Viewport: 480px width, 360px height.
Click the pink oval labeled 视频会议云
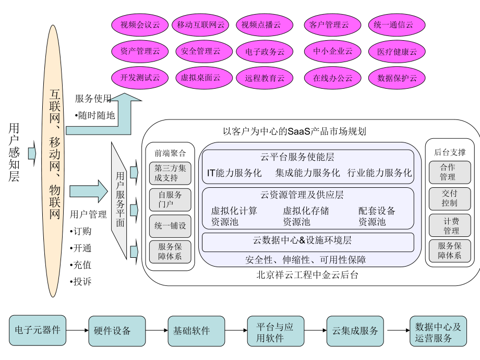pyautogui.click(x=140, y=25)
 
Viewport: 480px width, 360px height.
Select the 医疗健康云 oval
pyautogui.click(x=397, y=52)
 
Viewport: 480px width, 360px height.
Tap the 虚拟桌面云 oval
pyautogui.click(x=200, y=78)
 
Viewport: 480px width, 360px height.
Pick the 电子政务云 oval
pyautogui.click(x=260, y=52)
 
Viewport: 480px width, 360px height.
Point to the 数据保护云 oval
pyautogui.click(x=397, y=78)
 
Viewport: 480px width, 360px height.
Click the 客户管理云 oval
pyautogui.click(x=333, y=25)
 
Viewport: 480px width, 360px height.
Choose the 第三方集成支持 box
pyautogui.click(x=170, y=173)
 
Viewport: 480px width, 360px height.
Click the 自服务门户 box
pyautogui.click(x=170, y=200)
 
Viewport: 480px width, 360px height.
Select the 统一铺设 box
pyautogui.click(x=170, y=226)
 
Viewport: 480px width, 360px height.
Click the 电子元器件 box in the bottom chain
pyautogui.click(x=38, y=330)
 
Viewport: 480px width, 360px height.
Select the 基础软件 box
pyautogui.click(x=191, y=331)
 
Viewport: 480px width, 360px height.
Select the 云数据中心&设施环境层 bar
pyautogui.click(x=308, y=242)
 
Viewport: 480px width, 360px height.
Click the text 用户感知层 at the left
pyautogui.click(x=14, y=152)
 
